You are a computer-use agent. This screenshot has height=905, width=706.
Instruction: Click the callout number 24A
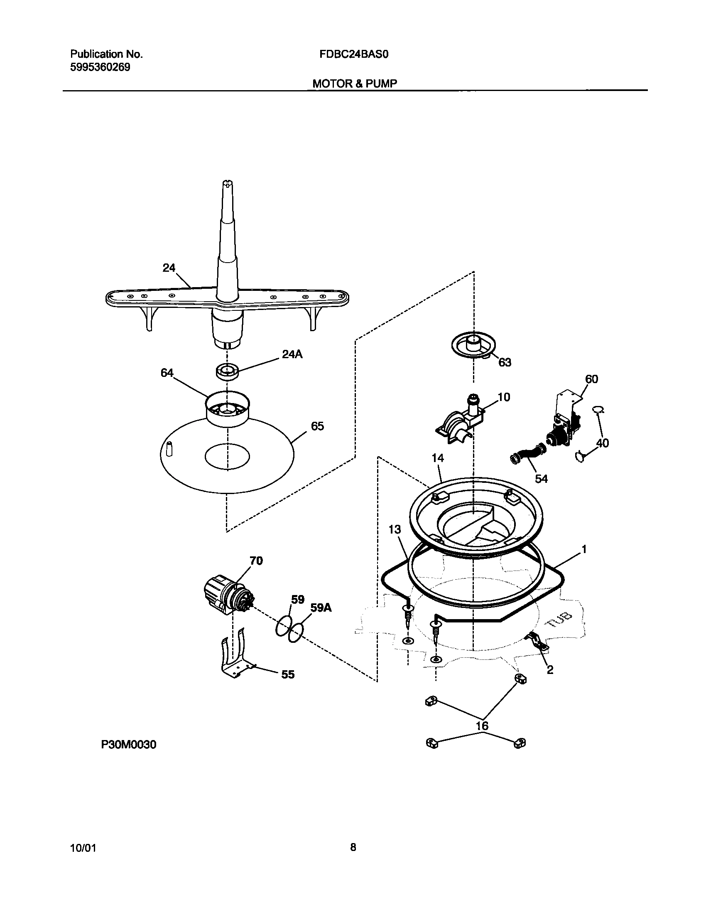292,354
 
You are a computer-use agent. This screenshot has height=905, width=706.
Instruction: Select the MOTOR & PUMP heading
354,84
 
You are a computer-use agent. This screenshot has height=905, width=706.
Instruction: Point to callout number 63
505,362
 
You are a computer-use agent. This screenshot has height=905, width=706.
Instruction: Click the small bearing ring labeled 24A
228,371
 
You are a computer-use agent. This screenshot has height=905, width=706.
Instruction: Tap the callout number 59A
321,607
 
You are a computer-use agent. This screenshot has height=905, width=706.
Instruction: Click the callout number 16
482,725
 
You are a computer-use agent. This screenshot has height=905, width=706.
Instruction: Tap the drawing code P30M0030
129,745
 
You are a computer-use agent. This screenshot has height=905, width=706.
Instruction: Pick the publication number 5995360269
100,67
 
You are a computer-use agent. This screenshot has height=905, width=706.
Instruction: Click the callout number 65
317,426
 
